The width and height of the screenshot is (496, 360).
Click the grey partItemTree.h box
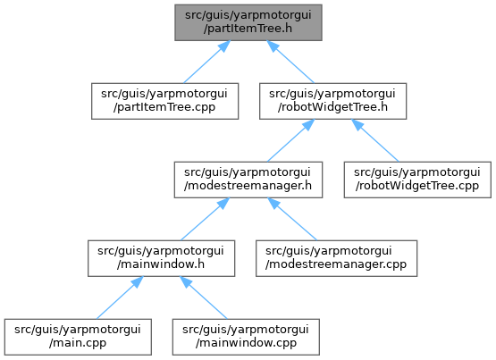[248, 22]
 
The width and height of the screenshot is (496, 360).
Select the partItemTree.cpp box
[164, 101]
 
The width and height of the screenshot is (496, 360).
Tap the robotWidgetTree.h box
[332, 101]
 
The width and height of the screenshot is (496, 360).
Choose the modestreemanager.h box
[248, 180]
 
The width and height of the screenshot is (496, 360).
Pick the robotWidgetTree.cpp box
[417, 180]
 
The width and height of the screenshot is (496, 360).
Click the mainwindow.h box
[162, 258]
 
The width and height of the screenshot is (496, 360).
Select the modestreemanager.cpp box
[337, 258]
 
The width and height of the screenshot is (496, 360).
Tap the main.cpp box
[78, 337]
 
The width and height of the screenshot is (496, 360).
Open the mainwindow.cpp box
[246, 337]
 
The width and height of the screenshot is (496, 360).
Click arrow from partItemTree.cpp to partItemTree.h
[206, 62]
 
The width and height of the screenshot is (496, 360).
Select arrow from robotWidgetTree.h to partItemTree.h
[290, 62]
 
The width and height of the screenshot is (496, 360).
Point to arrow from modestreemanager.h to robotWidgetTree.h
[290, 140]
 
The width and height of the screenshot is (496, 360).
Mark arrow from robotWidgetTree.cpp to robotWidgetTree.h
[375, 140]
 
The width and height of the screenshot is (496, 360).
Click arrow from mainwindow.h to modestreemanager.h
[205, 220]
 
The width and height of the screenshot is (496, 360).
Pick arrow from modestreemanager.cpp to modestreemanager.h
[292, 220]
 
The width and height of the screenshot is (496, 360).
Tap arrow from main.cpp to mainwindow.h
[120, 297]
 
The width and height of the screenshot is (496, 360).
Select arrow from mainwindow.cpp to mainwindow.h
[204, 297]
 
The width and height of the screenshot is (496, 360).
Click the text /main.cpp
[78, 343]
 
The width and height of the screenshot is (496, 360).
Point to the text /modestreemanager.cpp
[336, 264]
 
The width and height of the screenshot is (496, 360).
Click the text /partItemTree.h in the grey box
[248, 29]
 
